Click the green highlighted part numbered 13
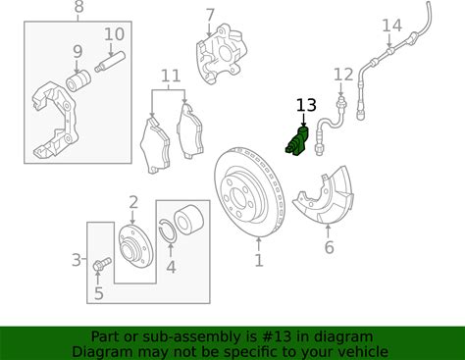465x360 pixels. click(x=297, y=142)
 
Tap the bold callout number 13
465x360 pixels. click(x=306, y=105)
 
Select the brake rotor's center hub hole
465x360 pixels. click(x=237, y=196)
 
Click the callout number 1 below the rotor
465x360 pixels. click(x=259, y=261)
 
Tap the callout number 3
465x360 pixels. click(x=77, y=260)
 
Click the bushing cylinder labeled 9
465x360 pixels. click(x=78, y=80)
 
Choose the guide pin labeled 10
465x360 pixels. click(x=110, y=61)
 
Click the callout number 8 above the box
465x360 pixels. click(x=78, y=7)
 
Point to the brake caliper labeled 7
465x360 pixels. click(x=221, y=54)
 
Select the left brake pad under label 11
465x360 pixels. click(x=155, y=146)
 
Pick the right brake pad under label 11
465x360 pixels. click(x=189, y=132)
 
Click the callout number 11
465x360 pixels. click(x=171, y=76)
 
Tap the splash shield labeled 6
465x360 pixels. click(x=324, y=196)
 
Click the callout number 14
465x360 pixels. click(x=392, y=26)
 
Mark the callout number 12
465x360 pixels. click(x=343, y=75)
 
